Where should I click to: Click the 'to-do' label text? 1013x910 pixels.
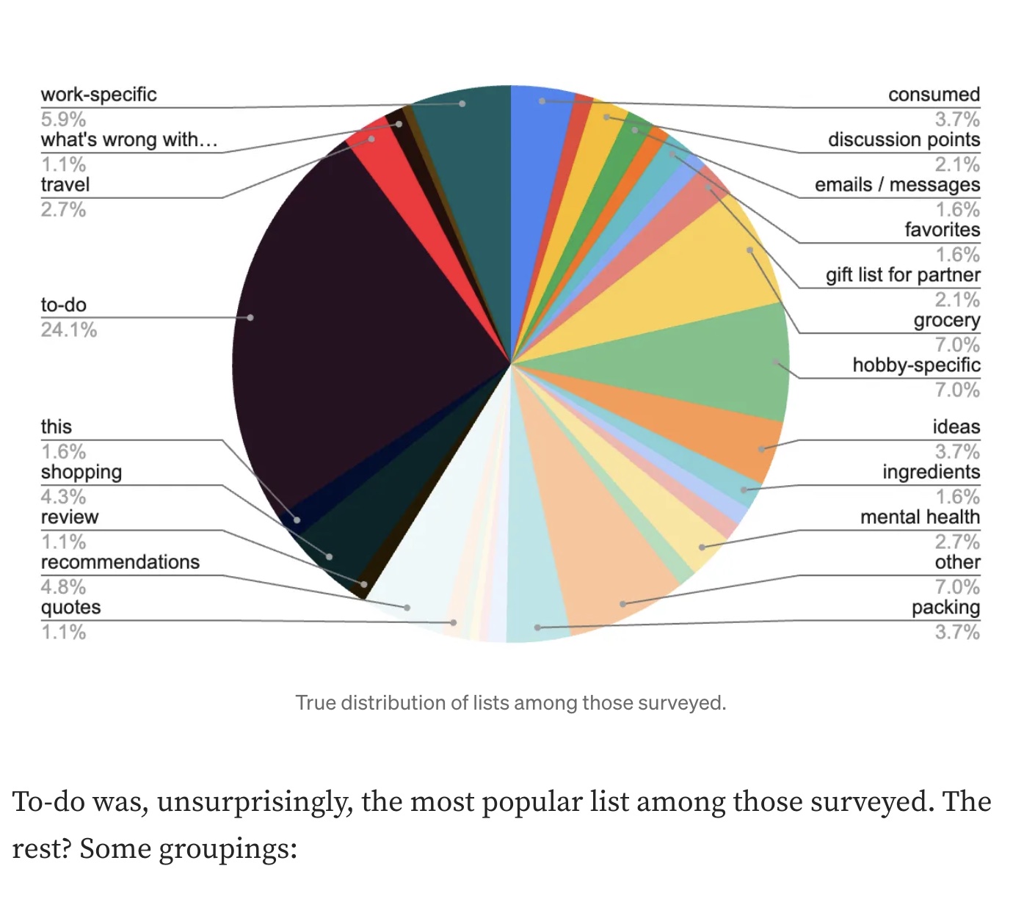pyautogui.click(x=64, y=305)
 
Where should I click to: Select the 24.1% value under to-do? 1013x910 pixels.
pyautogui.click(x=69, y=330)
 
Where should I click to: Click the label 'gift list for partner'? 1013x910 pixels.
pyautogui.click(x=903, y=275)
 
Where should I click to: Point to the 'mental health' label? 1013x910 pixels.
pyautogui.click(x=920, y=517)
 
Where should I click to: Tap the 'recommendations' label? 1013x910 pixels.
pyautogui.click(x=120, y=562)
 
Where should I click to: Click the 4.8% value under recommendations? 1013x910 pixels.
pyautogui.click(x=63, y=586)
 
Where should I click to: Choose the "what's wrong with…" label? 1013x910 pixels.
pyautogui.click(x=129, y=139)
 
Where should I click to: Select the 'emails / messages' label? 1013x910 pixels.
pyautogui.click(x=897, y=185)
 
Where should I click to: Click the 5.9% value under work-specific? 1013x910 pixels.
pyautogui.click(x=63, y=119)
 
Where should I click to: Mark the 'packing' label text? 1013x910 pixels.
pyautogui.click(x=945, y=608)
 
